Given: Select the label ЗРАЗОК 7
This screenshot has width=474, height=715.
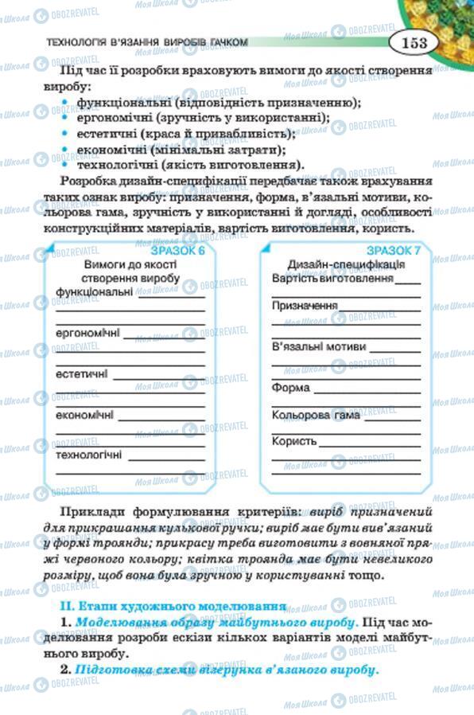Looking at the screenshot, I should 395,251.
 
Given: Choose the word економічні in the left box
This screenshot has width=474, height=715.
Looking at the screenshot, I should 84,415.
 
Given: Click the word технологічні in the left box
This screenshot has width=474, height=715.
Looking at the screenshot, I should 88,455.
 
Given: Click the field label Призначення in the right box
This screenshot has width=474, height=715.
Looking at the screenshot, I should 305,305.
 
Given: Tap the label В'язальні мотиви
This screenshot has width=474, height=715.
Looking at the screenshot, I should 319,347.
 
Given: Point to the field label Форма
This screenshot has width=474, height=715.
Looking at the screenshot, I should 290,389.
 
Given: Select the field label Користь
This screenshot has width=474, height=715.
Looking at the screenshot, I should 294,441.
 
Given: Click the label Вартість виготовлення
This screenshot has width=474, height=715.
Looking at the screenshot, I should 333,279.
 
